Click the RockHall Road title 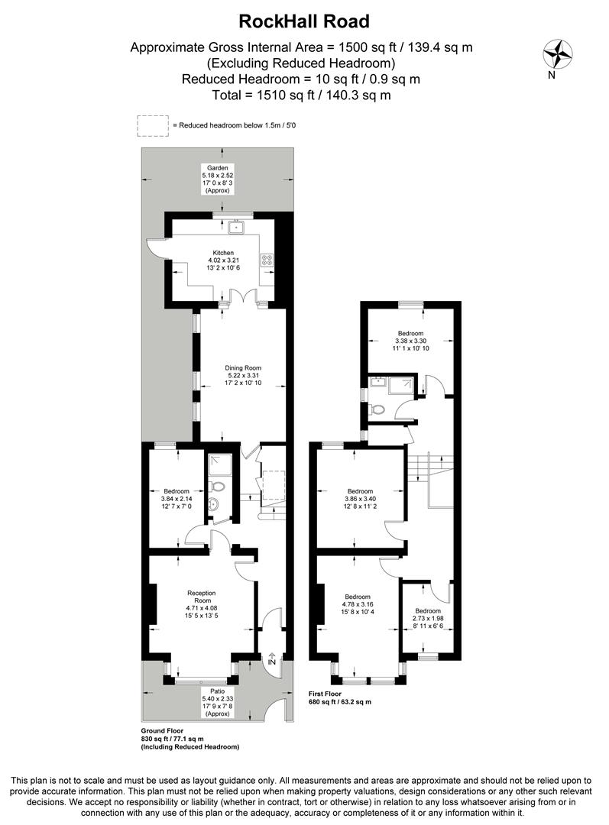tap(304, 21)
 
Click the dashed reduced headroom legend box tap(153, 126)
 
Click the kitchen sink tap(238, 227)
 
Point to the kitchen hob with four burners tap(267, 260)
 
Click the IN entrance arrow tap(272, 661)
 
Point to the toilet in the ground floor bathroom tap(218, 487)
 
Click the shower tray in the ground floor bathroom tap(219, 463)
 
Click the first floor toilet tap(377, 409)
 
